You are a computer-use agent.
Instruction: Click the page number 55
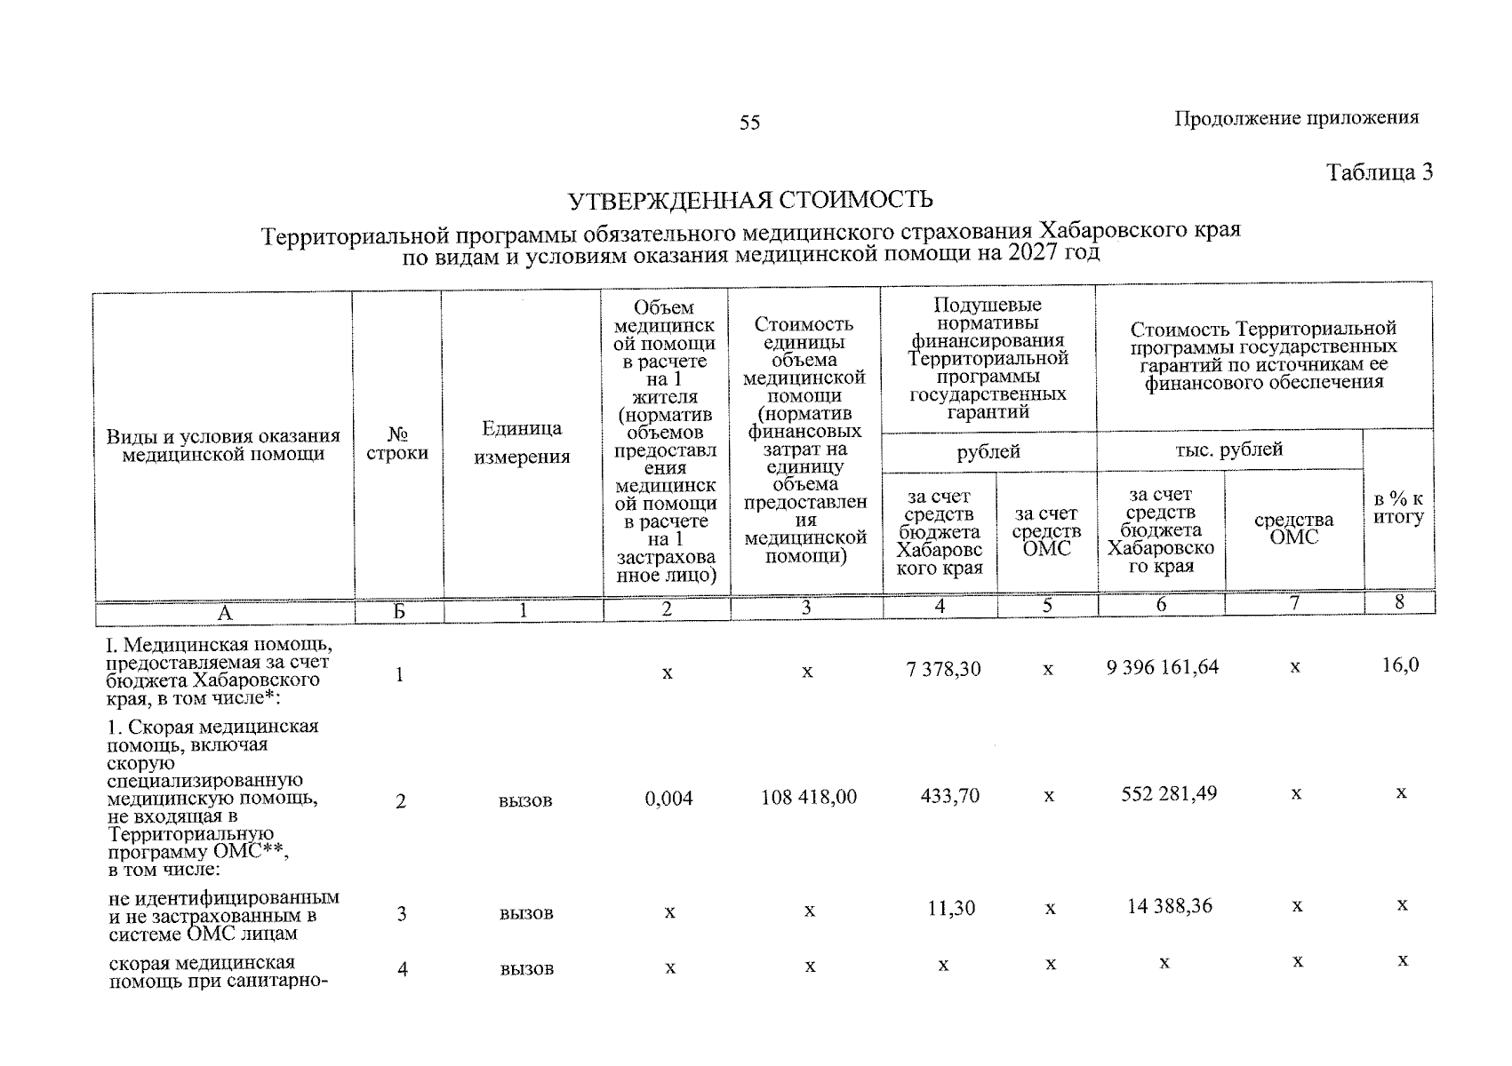point(749,123)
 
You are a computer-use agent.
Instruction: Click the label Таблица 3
point(1379,172)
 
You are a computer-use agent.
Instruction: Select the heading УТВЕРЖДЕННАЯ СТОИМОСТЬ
point(750,200)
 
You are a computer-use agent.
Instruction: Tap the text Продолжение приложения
point(1296,118)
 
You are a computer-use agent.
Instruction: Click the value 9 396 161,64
point(1163,667)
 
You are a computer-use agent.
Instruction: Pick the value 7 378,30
point(943,669)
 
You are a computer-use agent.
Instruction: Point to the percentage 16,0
point(1400,665)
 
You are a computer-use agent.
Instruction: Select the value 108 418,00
point(809,797)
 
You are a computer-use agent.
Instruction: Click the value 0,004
point(668,799)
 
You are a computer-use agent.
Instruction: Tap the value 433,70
point(950,795)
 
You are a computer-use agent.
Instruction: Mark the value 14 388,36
point(1169,907)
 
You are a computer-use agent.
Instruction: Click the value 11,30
point(951,908)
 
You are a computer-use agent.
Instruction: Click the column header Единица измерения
point(522,442)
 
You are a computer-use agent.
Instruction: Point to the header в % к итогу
point(1398,508)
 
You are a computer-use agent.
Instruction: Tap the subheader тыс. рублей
point(1228,449)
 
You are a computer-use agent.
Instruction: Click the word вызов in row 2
point(525,801)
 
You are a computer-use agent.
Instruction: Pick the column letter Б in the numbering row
point(399,611)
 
